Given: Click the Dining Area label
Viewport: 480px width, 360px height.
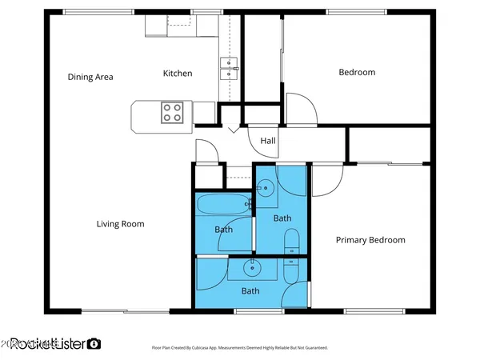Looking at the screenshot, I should coord(90,77).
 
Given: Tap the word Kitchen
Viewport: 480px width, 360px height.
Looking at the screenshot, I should coord(178,74).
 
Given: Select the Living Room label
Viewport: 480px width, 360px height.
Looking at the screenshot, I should coord(121,224).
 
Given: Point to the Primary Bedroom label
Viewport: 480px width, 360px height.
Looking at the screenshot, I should coord(370,240).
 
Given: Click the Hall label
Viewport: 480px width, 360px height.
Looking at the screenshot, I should coord(267,141).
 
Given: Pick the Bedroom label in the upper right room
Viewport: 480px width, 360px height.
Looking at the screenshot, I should coord(357,73).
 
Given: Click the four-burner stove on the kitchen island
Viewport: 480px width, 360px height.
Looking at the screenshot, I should coord(172,112).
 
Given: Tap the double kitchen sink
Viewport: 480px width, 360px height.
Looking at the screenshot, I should coord(230,67).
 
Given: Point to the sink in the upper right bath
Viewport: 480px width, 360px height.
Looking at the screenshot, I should coord(266,188).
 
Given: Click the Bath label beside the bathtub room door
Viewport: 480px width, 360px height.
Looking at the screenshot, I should coord(224,230).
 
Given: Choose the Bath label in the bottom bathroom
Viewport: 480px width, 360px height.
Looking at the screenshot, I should coord(250,291).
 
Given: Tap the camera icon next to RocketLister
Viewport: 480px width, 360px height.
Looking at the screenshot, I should coord(94,343).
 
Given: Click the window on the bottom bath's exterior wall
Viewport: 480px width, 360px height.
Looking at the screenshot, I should coord(247,310).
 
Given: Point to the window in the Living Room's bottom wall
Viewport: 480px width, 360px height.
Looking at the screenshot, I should coord(124,310).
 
